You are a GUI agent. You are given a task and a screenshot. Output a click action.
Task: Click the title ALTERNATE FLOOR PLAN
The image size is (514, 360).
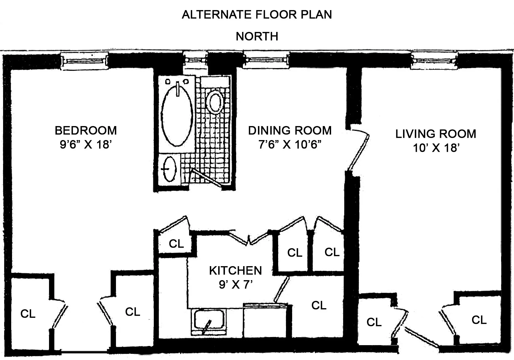(257, 15)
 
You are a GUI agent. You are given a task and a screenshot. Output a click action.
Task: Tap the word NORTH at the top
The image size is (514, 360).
(257, 36)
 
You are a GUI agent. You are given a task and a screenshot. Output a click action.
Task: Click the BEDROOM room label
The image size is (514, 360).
(86, 131)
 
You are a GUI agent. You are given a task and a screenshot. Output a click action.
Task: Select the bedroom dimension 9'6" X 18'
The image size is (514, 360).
(86, 145)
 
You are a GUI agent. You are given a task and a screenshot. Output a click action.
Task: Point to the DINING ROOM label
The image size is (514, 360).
(290, 131)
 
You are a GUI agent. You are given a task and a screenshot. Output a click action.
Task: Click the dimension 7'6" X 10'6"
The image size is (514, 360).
(290, 145)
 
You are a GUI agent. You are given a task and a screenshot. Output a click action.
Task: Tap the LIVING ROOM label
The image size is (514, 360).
(436, 134)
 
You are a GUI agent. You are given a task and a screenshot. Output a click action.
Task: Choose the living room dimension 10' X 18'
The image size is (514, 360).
(436, 148)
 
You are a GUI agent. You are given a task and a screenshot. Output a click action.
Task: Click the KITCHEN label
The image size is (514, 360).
(235, 271)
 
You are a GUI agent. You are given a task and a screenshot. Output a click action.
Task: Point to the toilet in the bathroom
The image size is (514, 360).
(215, 102)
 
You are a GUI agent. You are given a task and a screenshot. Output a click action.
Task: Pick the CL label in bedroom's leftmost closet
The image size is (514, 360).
(28, 314)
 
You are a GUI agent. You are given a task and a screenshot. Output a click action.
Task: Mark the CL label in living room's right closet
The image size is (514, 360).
(479, 320)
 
